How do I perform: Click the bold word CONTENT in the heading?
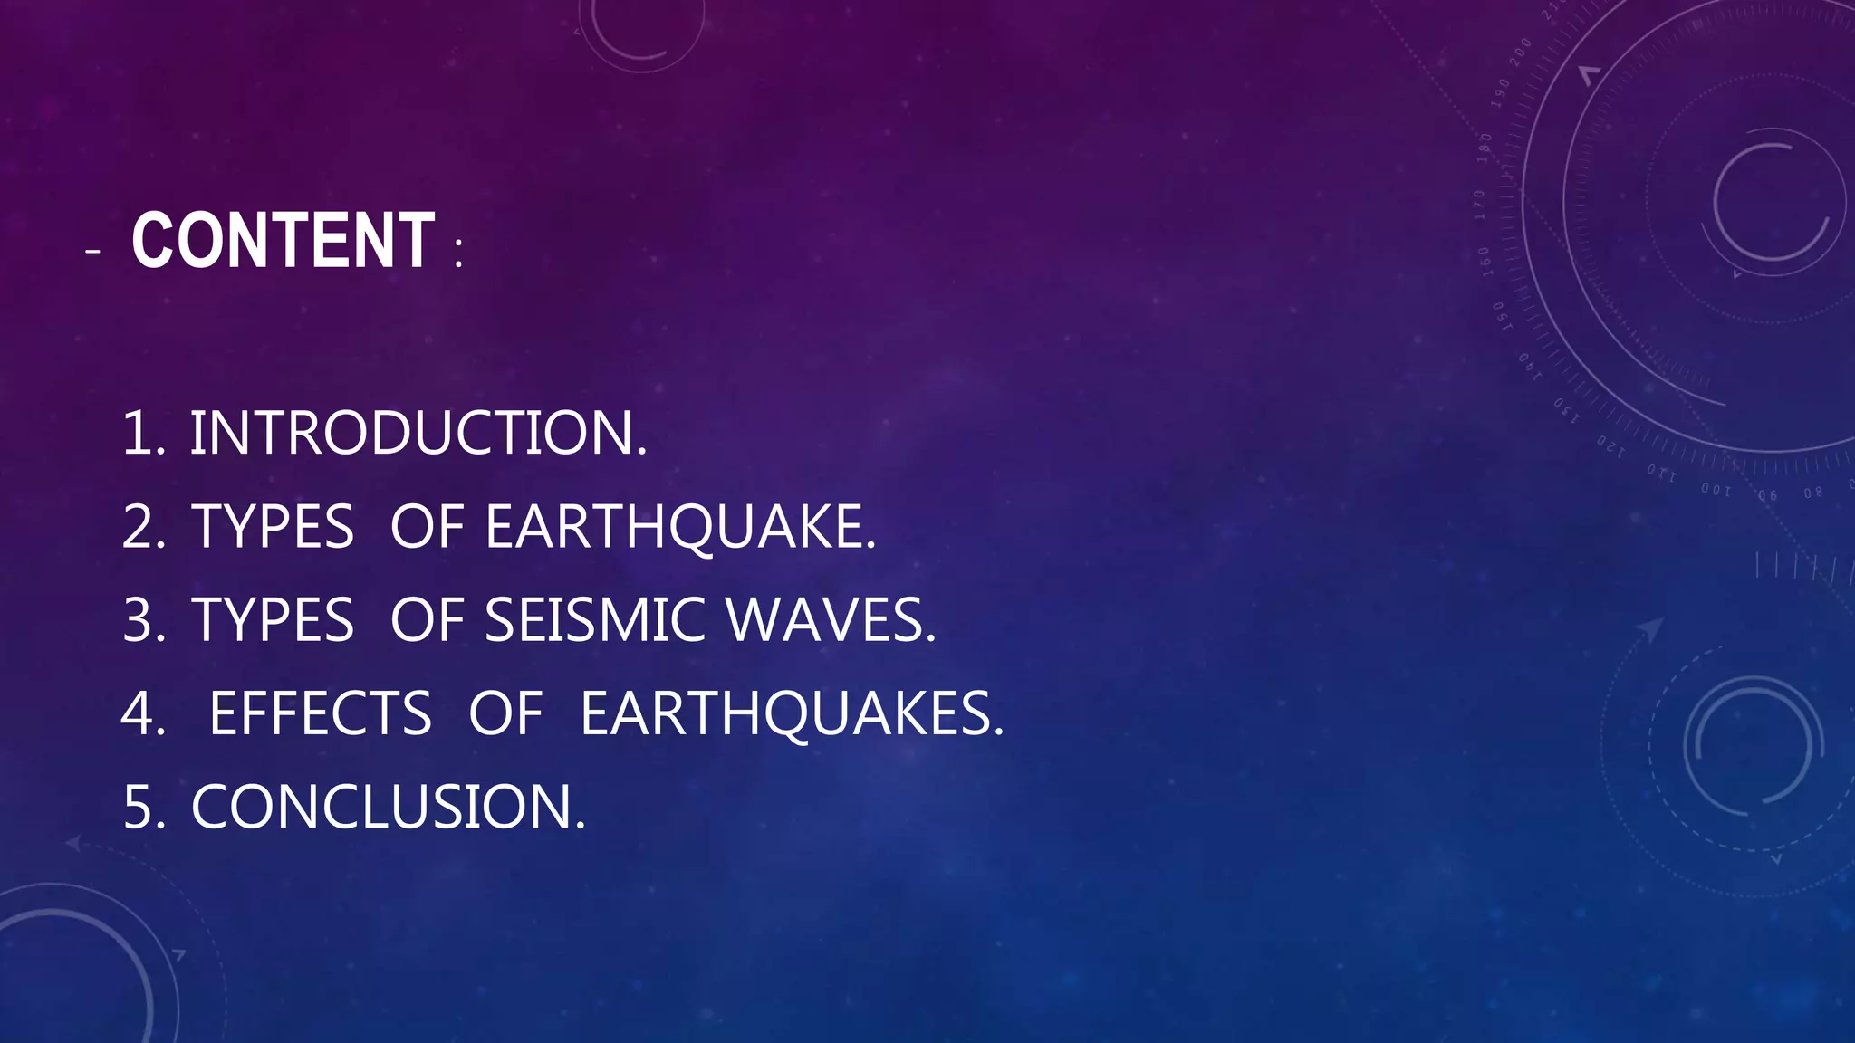(284, 241)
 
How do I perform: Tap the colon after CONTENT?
(459, 254)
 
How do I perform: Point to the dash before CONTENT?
(91, 251)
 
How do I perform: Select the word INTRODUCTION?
(418, 433)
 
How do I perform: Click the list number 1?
(143, 433)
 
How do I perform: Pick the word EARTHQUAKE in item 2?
(680, 527)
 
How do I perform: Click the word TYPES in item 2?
(273, 527)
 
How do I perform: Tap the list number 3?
(143, 621)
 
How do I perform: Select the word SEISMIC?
(594, 621)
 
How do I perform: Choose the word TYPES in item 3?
(273, 621)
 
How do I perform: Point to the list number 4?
(143, 714)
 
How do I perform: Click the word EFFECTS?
(320, 714)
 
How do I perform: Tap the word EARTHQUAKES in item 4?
(792, 714)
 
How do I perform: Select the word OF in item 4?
(505, 714)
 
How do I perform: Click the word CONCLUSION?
(388, 808)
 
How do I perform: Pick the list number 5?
(143, 808)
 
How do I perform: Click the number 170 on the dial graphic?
(1480, 205)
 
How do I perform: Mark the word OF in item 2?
(427, 527)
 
